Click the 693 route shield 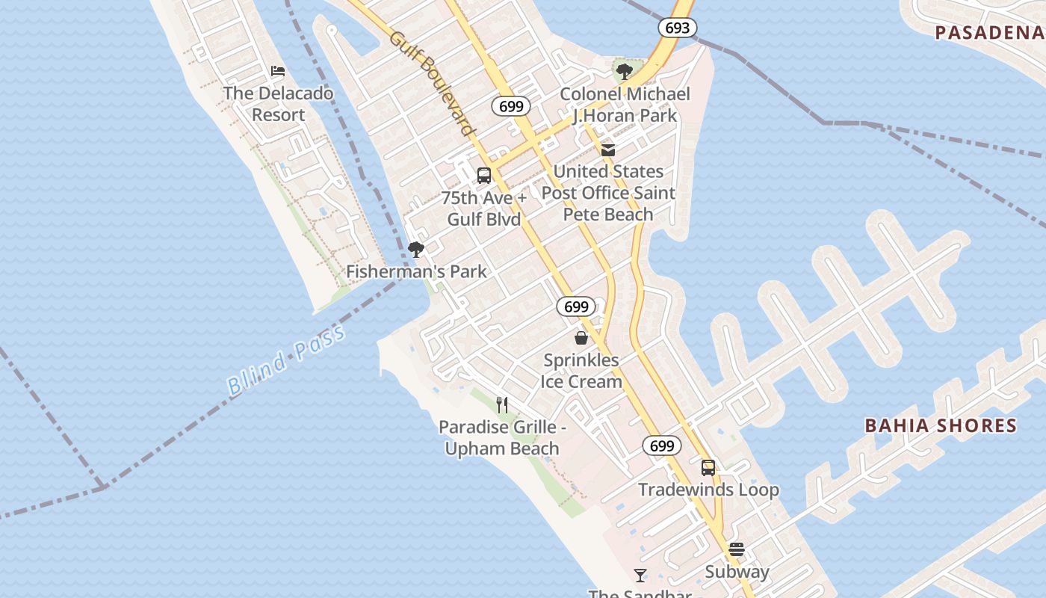(x=677, y=28)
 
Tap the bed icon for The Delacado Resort (x=278, y=72)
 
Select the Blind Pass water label (x=286, y=360)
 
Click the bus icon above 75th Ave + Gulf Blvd (x=484, y=176)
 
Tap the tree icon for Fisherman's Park (x=416, y=250)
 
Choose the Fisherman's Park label (x=416, y=271)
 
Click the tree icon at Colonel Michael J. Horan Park (x=625, y=72)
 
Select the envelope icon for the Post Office (x=608, y=150)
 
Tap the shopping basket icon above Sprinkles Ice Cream (x=581, y=338)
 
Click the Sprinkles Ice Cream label (x=581, y=371)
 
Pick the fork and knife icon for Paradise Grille (x=502, y=405)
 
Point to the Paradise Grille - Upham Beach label (x=502, y=438)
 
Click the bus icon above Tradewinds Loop (x=708, y=468)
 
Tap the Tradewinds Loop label (x=708, y=490)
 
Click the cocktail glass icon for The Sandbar (x=640, y=575)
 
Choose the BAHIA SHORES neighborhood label (x=941, y=426)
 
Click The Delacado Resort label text (x=278, y=104)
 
